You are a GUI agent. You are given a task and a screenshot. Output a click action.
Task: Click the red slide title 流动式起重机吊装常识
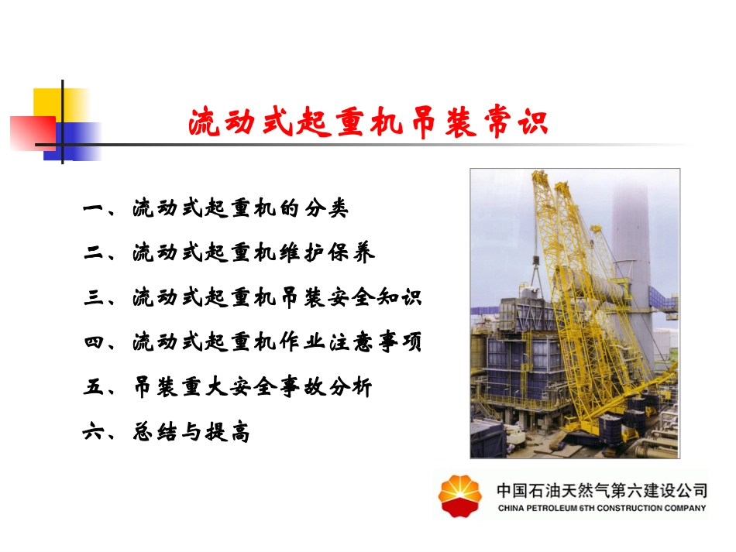click(368, 122)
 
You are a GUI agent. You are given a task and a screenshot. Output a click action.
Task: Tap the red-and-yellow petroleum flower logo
click(460, 495)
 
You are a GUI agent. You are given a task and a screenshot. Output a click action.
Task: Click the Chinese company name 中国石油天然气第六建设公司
click(600, 490)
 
